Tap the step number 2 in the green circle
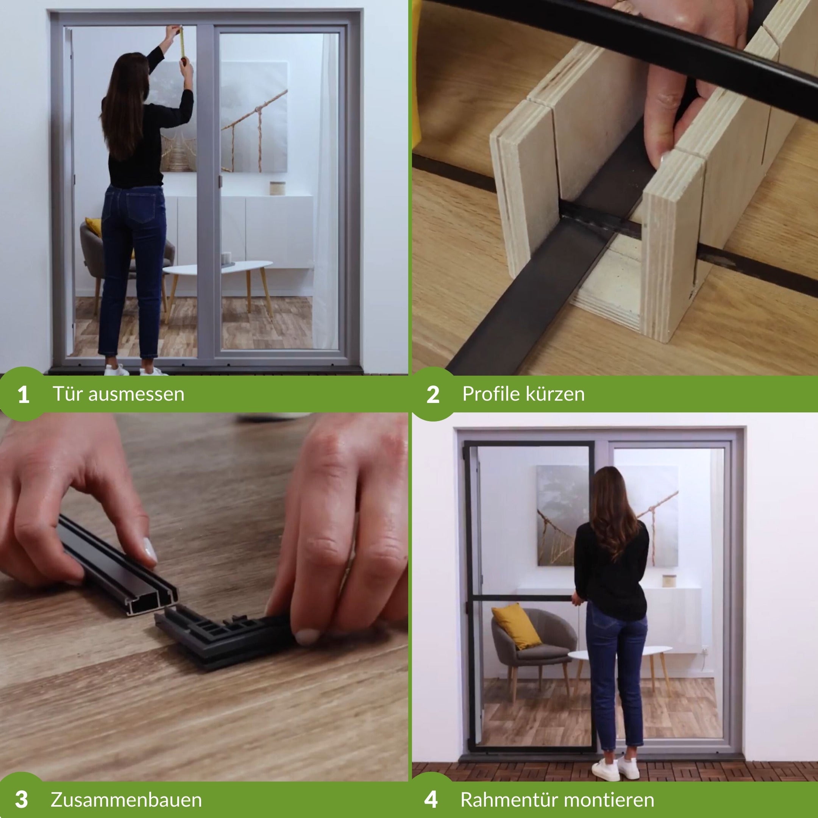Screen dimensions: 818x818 (x=433, y=394)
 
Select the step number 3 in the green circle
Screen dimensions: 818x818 (x=22, y=799)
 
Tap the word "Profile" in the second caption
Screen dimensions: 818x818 (x=491, y=394)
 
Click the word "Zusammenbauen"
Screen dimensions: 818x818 (x=126, y=800)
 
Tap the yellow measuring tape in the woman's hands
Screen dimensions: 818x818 (x=183, y=42)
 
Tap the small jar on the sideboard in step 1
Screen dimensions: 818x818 (x=277, y=188)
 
